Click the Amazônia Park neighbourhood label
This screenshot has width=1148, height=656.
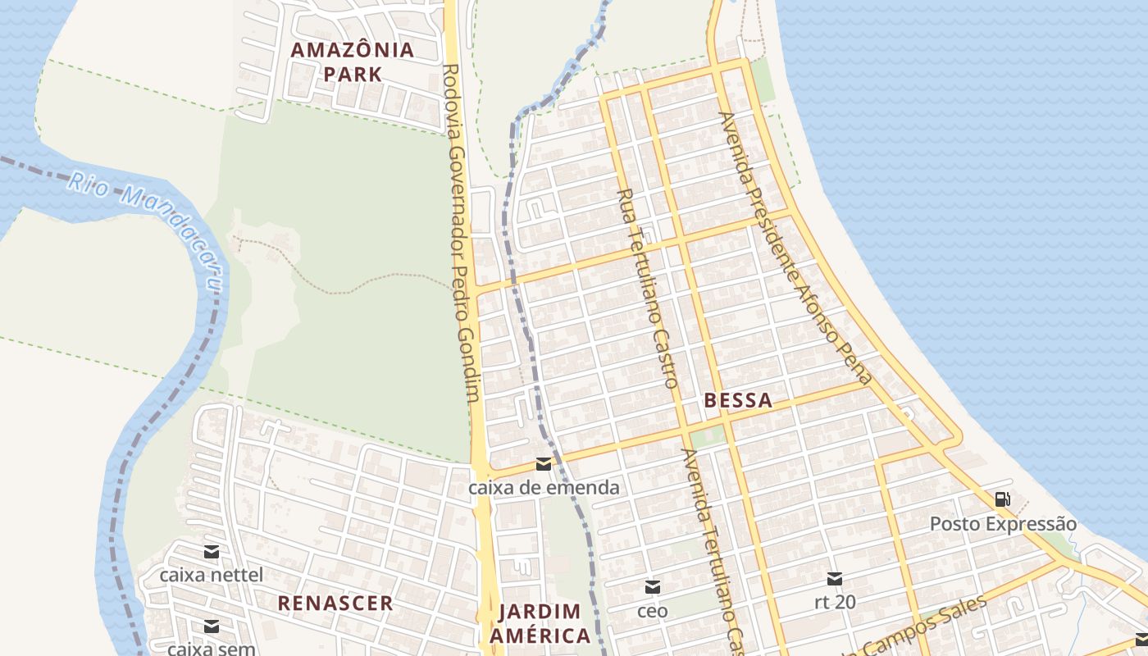coord(353,61)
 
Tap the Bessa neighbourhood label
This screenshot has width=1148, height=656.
coord(738,401)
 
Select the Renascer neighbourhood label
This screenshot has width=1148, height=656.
coord(335,604)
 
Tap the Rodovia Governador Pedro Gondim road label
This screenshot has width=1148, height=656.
coord(460,234)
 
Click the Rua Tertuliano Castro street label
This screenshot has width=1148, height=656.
coord(648,288)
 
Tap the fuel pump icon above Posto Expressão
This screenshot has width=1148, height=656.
coord(1002,499)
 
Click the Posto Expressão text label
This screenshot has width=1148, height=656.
coord(1003,524)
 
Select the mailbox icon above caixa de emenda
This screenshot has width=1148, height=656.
coord(543,465)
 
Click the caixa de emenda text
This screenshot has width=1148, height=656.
coord(543,488)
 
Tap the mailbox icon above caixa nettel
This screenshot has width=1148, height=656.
coord(212,552)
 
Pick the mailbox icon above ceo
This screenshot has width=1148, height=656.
coord(653,587)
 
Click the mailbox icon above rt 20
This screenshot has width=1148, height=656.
coord(835,579)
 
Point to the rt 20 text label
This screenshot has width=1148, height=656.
coord(835,603)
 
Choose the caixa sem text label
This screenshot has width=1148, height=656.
coord(212,649)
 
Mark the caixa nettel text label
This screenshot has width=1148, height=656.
coord(212,575)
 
